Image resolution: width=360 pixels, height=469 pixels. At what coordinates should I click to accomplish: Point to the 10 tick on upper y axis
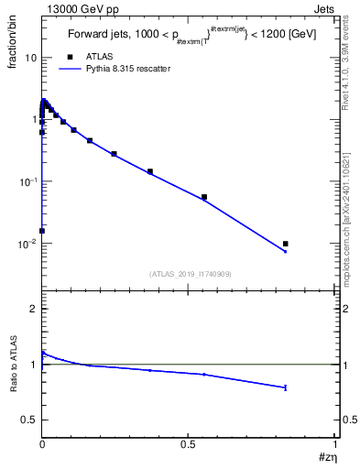tap(30, 57)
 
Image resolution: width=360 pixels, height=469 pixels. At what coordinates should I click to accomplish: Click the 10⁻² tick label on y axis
tap(28, 244)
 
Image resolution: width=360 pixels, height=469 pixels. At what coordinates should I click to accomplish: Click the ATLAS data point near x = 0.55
tap(203, 197)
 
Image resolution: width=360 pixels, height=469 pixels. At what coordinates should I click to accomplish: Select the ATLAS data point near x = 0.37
tap(150, 171)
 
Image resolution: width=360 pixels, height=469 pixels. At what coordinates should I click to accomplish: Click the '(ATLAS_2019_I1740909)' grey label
tap(189, 274)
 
